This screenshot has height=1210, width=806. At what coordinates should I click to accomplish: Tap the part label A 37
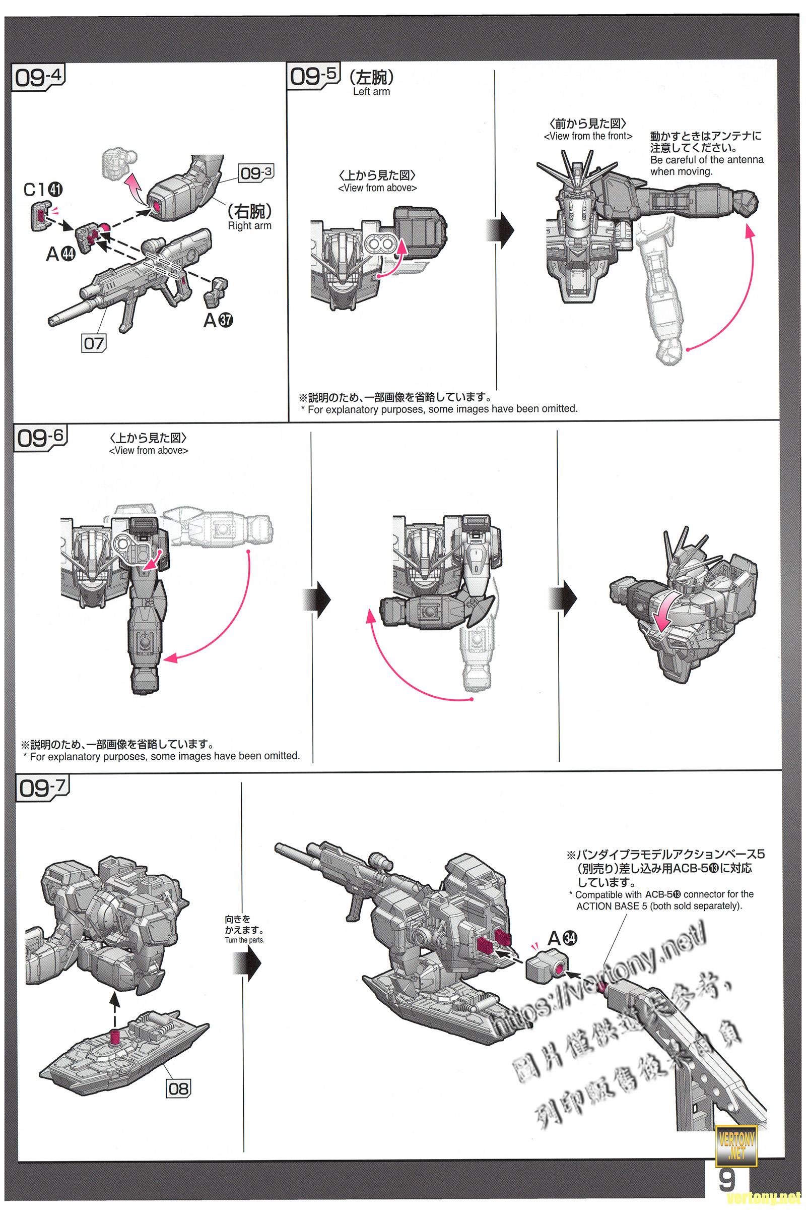click(x=218, y=320)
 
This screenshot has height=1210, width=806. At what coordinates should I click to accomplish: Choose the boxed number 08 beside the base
click(x=178, y=1088)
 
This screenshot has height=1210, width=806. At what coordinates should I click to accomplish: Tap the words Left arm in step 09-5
click(x=371, y=92)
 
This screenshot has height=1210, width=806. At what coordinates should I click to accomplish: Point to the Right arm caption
click(x=249, y=225)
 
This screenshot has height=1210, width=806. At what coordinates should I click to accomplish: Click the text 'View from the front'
click(x=587, y=136)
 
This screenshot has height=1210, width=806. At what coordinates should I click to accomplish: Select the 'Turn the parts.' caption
click(x=244, y=940)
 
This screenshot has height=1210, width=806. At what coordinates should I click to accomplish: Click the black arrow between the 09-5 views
click(x=500, y=227)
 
